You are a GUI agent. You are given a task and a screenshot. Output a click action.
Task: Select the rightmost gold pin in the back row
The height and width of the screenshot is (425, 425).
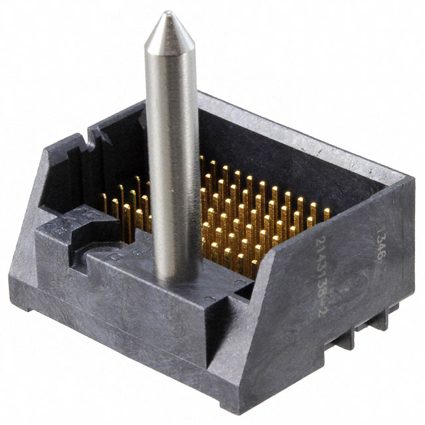[x=326, y=214]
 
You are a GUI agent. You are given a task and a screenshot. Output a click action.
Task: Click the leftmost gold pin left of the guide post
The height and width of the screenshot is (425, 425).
[x=105, y=199]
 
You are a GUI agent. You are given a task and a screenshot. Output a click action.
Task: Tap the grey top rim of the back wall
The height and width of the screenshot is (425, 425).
[x=299, y=133]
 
